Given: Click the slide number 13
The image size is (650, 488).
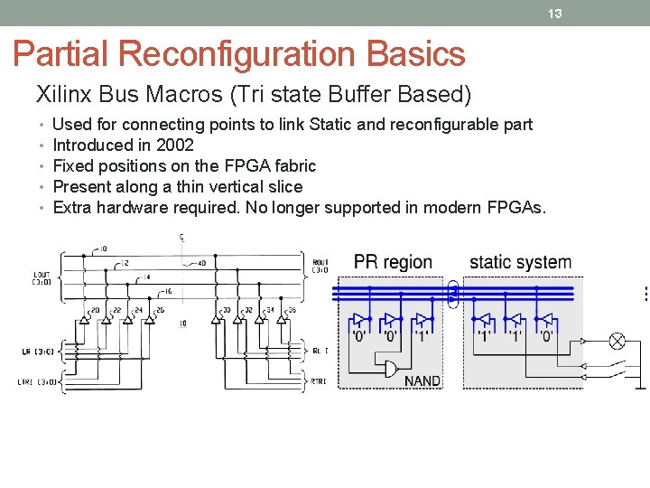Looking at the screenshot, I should click(x=555, y=13).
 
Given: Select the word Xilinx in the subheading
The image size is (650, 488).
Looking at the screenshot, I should click(x=61, y=93).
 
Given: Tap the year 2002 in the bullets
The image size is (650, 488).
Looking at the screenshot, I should click(x=175, y=145).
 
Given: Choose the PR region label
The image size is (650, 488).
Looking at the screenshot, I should click(x=393, y=262).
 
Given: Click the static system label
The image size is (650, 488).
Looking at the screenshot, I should click(x=520, y=262).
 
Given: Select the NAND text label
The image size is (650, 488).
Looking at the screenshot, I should click(x=422, y=380).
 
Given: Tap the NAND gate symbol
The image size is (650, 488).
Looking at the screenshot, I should click(x=391, y=368).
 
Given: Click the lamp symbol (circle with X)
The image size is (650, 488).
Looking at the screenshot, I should click(x=618, y=341).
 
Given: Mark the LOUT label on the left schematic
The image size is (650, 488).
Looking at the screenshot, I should click(x=42, y=276).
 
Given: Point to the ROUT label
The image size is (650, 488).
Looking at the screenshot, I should click(x=320, y=265).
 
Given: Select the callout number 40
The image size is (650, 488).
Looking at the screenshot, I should click(x=201, y=264).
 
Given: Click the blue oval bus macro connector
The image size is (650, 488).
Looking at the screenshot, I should click(x=453, y=292).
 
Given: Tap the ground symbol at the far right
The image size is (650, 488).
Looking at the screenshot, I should click(x=640, y=386).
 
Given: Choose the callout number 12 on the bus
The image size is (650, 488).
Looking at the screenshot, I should click(x=125, y=262).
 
